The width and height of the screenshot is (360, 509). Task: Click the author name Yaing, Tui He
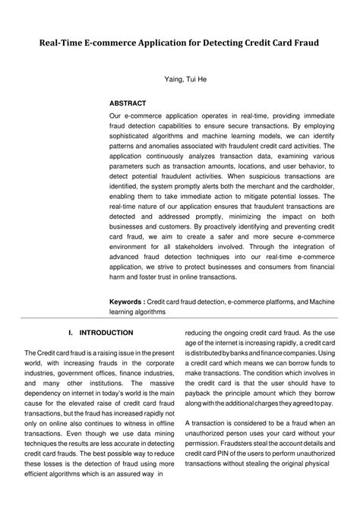[179, 79]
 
